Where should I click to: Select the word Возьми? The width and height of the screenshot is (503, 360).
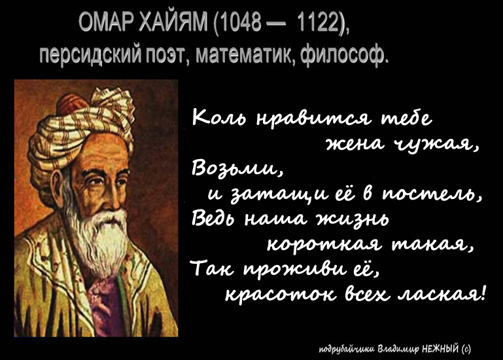pyautogui.click(x=234, y=168)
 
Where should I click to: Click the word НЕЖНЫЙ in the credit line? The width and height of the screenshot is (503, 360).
pyautogui.click(x=441, y=349)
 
